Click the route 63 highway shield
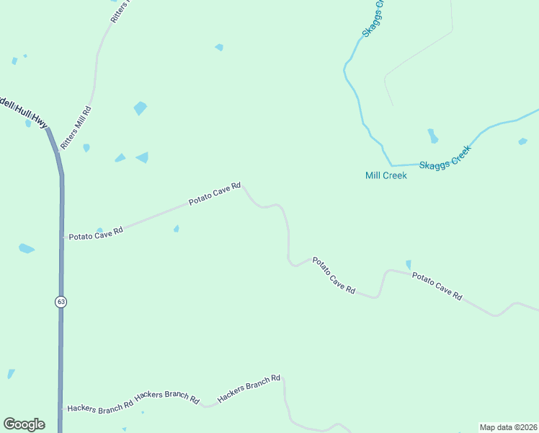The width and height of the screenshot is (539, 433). click(x=61, y=302)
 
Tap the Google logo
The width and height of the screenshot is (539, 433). click(x=24, y=424)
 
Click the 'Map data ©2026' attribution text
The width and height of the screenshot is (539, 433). click(x=508, y=427)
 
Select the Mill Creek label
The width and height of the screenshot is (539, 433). click(x=386, y=175)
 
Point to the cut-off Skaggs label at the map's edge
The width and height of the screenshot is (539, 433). click(x=374, y=19)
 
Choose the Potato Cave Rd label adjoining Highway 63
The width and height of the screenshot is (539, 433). click(x=96, y=233)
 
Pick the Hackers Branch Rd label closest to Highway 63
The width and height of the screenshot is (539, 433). click(x=100, y=406)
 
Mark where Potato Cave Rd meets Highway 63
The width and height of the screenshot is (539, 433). click(x=62, y=237)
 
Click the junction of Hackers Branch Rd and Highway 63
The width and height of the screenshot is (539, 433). click(x=61, y=408)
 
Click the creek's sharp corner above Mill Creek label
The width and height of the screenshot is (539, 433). click(x=391, y=165)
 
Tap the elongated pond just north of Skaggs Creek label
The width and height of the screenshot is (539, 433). click(x=432, y=136)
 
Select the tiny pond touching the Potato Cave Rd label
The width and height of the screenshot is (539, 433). click(x=99, y=230)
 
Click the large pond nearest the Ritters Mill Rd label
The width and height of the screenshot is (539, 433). click(x=140, y=108)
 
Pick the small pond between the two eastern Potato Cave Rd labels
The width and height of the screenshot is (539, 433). click(x=409, y=265)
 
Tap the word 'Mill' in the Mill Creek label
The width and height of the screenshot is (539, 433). click(x=374, y=175)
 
